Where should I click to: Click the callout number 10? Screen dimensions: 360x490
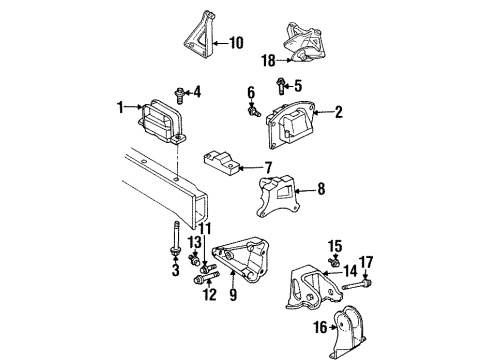pos(236,43)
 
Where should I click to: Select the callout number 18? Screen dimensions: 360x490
pos(267,61)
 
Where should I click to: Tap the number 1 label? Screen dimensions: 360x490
pos(120,106)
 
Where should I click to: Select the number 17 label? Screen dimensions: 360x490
pos(366,262)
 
